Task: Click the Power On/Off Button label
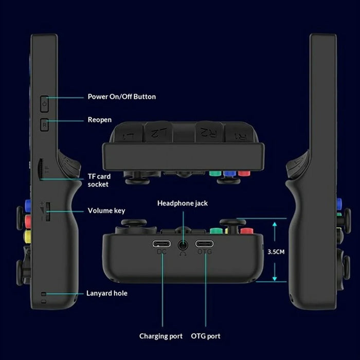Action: point(122,97)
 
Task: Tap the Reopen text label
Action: point(100,120)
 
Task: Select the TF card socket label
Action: point(99,180)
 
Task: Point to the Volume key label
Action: point(106,210)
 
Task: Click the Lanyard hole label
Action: point(107,293)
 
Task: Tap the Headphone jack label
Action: point(183,203)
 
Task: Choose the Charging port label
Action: point(160,336)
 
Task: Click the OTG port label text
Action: point(206,336)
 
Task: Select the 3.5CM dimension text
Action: point(276,252)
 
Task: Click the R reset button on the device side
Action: point(45,125)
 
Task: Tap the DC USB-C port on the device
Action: point(161,244)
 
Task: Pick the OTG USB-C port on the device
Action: point(204,244)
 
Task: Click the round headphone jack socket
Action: point(183,245)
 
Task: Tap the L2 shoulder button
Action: point(158,132)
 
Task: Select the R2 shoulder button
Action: point(209,132)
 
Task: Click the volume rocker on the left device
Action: point(48,212)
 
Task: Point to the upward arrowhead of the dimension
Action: point(275,224)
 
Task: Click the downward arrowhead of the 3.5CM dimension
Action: point(275,279)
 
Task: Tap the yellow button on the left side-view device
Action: point(28,236)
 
